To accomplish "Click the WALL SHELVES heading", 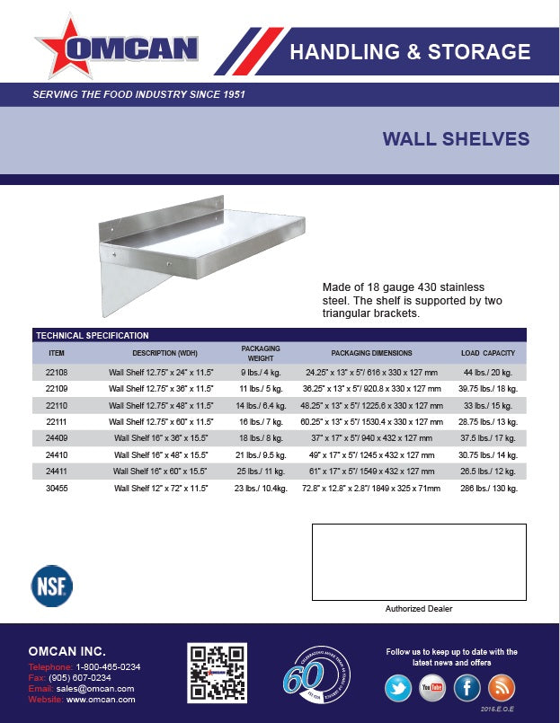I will coord(456,139).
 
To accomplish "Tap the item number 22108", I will coord(57,371).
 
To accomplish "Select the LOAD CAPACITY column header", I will coord(487,353).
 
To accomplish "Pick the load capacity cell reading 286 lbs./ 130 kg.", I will coord(487,489).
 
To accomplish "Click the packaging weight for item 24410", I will coord(260,454).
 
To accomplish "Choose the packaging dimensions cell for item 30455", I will coord(372,489).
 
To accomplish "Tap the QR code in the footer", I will coord(217,673).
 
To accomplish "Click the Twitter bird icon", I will coord(398,687).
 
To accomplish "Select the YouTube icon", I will coord(432,687).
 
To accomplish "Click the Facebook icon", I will coord(467,687).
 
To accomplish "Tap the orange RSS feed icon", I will coord(502,687).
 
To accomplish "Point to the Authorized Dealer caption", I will coord(419,609).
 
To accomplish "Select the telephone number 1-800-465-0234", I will coord(107,667).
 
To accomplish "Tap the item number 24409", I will coord(57,438).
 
